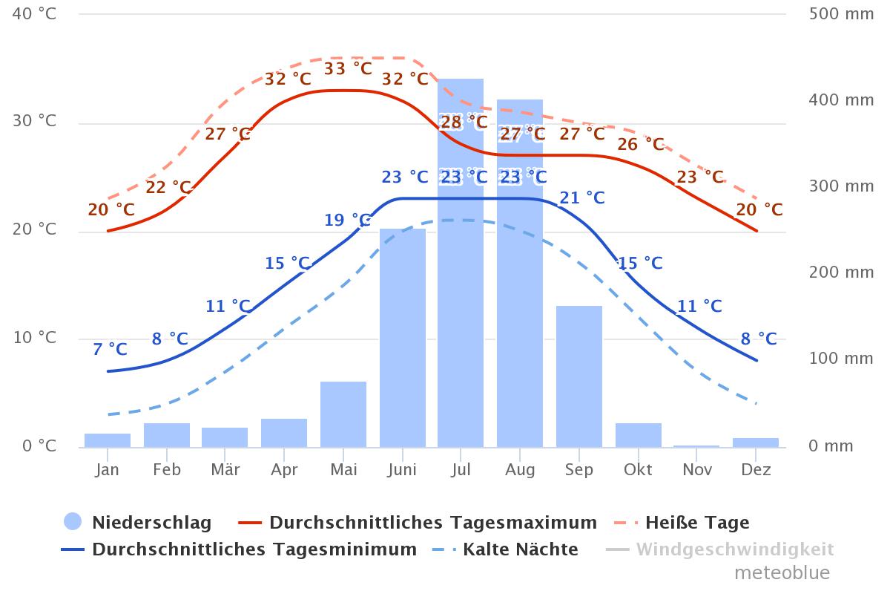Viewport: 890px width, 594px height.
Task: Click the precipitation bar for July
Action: click(461, 297)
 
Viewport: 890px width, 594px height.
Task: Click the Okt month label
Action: click(638, 470)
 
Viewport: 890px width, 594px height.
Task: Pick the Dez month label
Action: click(756, 470)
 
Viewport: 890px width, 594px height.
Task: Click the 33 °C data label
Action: click(348, 69)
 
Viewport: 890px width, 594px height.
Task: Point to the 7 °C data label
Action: click(110, 349)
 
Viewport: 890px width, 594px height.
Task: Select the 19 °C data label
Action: click(347, 221)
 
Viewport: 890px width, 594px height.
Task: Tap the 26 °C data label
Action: click(640, 144)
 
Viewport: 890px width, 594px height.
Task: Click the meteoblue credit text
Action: click(782, 573)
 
